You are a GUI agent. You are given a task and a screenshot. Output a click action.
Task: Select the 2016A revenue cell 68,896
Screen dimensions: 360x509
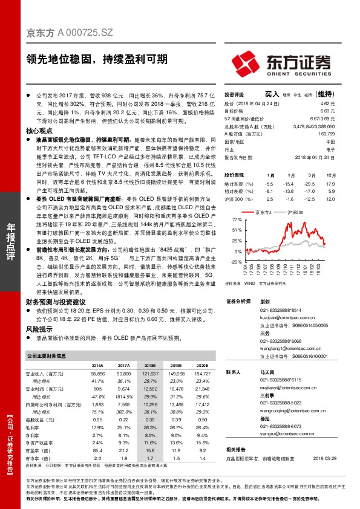[97, 375]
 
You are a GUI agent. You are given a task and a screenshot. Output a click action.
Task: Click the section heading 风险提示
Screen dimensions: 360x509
[40, 330]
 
